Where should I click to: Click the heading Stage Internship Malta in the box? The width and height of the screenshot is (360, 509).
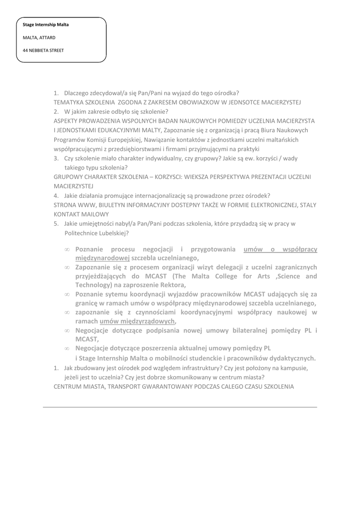pyautogui.click(x=46, y=24)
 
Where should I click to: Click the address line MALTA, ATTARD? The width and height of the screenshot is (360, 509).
pyautogui.click(x=39, y=37)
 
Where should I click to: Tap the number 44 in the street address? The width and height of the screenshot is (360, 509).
pyautogui.click(x=26, y=50)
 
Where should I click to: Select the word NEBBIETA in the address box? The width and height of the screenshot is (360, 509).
pyautogui.click(x=39, y=50)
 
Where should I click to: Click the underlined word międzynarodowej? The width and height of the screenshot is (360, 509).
pyautogui.click(x=102, y=258)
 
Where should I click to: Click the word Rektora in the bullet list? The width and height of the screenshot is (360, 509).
pyautogui.click(x=172, y=285)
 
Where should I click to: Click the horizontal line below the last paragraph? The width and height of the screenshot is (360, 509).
pyautogui.click(x=180, y=407)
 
